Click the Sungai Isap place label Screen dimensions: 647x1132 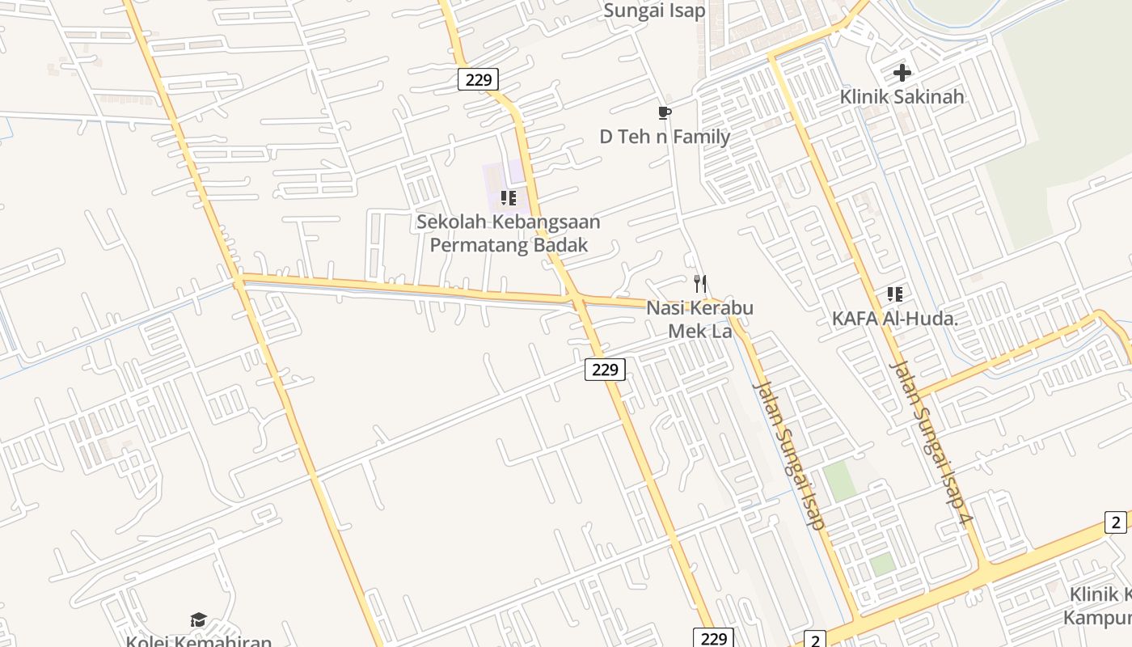click(655, 11)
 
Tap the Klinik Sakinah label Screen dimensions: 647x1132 click(902, 97)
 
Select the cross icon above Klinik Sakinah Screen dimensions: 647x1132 click(902, 73)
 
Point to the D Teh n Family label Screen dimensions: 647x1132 click(665, 137)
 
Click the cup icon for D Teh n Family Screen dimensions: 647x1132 click(665, 112)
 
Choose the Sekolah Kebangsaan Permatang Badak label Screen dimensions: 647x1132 click(509, 233)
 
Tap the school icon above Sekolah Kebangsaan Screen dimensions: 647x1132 click(508, 197)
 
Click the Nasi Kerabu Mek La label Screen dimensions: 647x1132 click(699, 319)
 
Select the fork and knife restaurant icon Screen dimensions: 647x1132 click(700, 284)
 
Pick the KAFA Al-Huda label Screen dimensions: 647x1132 click(894, 319)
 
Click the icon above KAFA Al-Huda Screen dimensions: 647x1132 click(894, 294)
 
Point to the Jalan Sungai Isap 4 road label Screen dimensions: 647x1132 click(929, 443)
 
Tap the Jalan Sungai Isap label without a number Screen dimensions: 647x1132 click(789, 453)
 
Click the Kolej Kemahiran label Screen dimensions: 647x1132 click(199, 641)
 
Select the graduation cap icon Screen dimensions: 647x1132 click(198, 620)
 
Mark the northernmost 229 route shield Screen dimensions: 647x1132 click(478, 79)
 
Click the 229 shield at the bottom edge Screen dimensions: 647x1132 click(713, 638)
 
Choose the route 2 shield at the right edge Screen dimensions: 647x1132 click(1116, 522)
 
